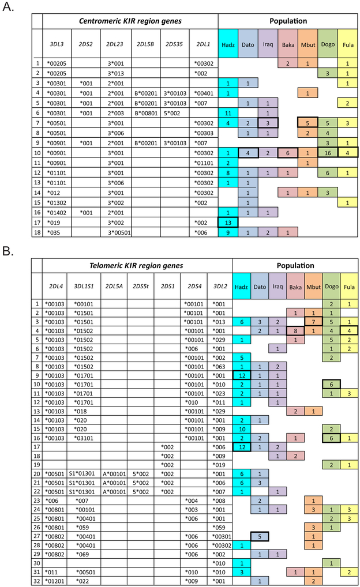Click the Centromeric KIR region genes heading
pos(130,22)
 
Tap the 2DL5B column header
pos(146,43)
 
